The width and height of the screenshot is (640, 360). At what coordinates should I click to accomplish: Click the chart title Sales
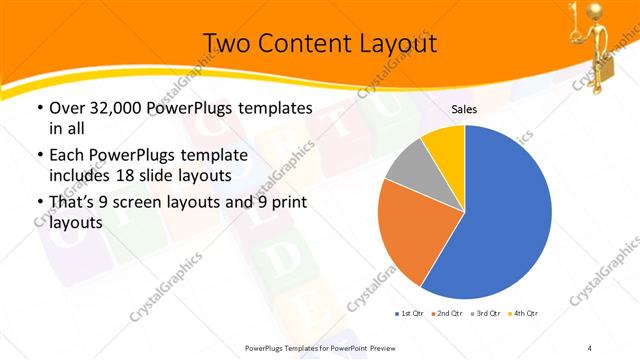(464, 109)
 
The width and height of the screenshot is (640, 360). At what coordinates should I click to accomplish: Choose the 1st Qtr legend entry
(408, 314)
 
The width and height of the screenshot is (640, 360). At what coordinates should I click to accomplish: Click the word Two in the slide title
(224, 43)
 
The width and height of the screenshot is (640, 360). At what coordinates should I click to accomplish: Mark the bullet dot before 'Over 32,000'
(39, 108)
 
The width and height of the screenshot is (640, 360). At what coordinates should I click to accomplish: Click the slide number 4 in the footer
(590, 348)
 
